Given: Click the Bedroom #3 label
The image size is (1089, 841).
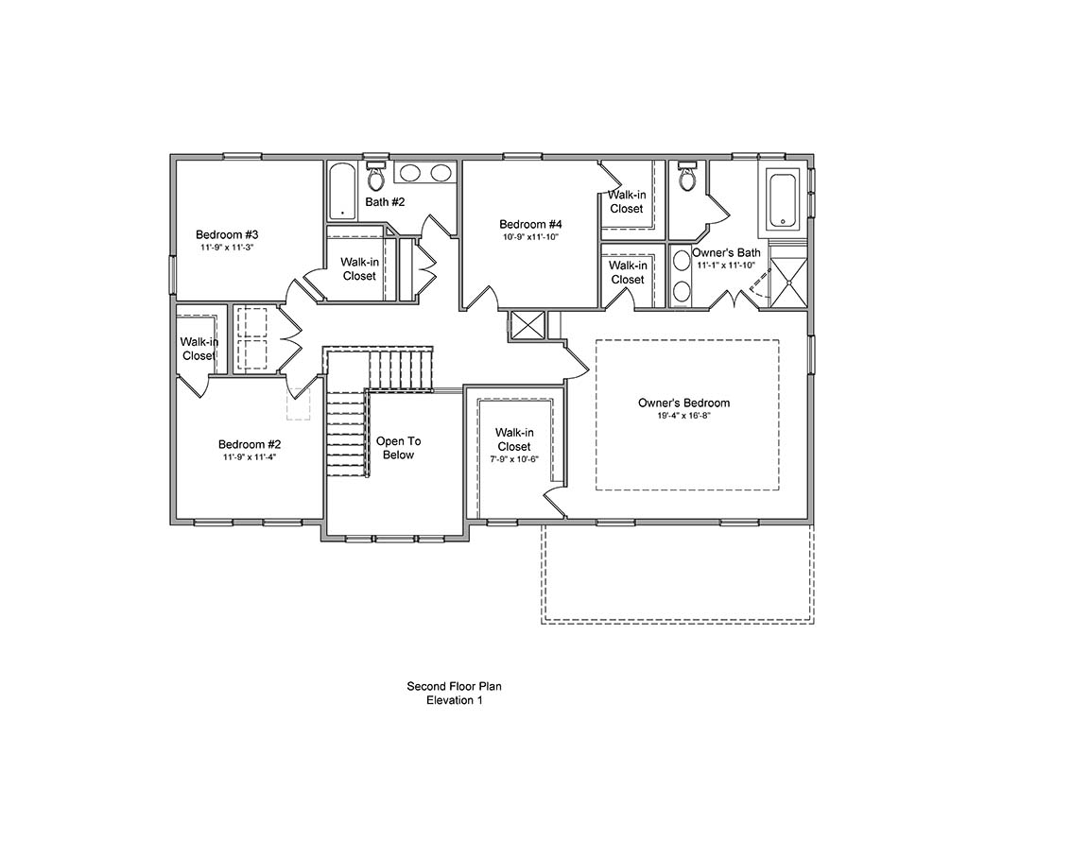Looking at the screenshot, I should coord(227,234).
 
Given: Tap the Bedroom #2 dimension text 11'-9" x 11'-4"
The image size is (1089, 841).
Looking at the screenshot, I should coord(250,456).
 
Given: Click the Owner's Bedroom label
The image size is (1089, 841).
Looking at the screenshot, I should coord(683,403).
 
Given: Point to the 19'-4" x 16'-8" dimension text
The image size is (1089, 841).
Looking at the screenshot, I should coord(683,416).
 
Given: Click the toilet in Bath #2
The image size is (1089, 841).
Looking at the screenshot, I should coord(376,174).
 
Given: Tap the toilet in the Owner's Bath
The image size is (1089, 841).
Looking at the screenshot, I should coord(687,176).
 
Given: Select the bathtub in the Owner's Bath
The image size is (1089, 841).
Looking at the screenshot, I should coord(782,199).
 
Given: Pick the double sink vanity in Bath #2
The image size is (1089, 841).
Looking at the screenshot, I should coord(423,173).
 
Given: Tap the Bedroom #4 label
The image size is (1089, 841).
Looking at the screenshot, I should coord(530,224).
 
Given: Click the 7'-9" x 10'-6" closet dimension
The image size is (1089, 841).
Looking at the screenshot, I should coord(513,459).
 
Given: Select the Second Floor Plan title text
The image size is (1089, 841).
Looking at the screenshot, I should coord(454,686).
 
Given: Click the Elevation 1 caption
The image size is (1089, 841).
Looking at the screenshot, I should coord(454,700).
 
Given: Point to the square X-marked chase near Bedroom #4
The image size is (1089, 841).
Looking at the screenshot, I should coord(527,325).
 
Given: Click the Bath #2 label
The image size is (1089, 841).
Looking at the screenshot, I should coord(385,202).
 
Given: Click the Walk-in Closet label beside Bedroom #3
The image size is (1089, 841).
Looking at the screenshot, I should coord(359,268).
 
